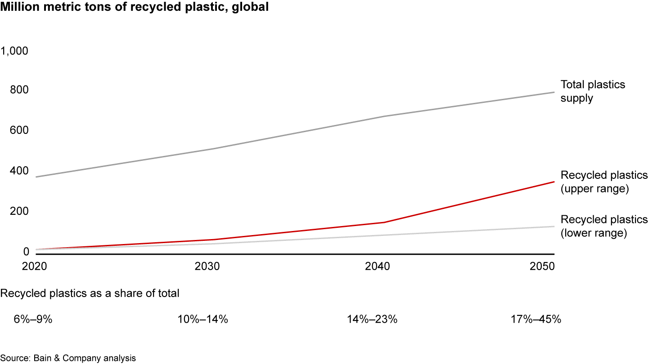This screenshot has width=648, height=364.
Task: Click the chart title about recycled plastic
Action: point(135,8)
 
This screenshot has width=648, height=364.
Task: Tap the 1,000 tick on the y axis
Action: point(15,51)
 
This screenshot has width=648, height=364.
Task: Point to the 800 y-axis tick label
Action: point(18,91)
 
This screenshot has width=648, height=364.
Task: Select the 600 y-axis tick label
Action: point(18,131)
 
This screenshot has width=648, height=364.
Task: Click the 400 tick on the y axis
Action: point(18,171)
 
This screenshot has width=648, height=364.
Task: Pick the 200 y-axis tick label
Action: point(18,211)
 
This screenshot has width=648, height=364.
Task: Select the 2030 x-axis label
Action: point(207,266)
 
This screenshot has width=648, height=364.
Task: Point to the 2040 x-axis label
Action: point(378,266)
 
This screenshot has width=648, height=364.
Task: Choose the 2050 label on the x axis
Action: point(542,266)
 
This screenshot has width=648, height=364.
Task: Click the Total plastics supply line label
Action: point(593,91)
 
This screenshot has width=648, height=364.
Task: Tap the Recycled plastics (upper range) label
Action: point(604,182)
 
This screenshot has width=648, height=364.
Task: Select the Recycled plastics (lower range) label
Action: point(604,226)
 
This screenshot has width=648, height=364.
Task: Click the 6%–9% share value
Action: point(33,320)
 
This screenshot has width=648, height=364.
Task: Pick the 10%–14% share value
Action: point(203,320)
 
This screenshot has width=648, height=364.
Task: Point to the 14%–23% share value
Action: point(372,320)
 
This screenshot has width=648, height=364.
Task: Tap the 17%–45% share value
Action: point(536,320)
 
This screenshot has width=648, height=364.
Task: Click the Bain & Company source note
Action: point(68,358)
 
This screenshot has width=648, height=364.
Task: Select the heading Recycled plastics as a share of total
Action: point(90,293)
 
